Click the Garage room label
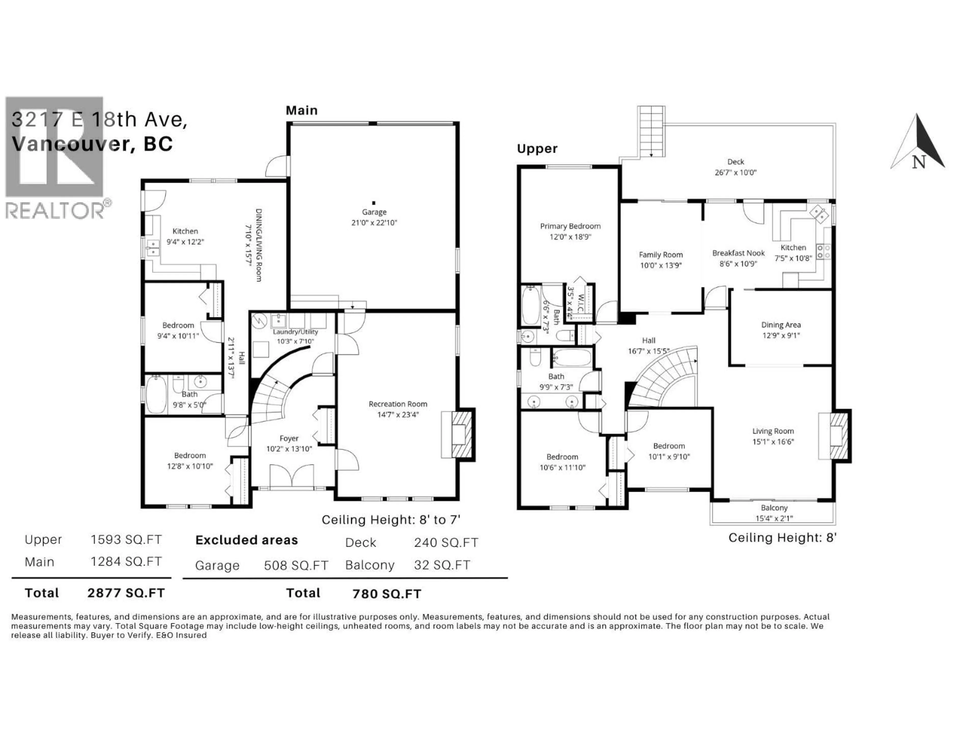click(x=374, y=212)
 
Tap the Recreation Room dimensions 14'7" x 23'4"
click(x=398, y=414)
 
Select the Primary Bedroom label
click(x=570, y=226)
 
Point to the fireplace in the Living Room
click(x=836, y=436)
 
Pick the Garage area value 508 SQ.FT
click(x=296, y=566)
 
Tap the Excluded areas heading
click(x=246, y=540)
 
